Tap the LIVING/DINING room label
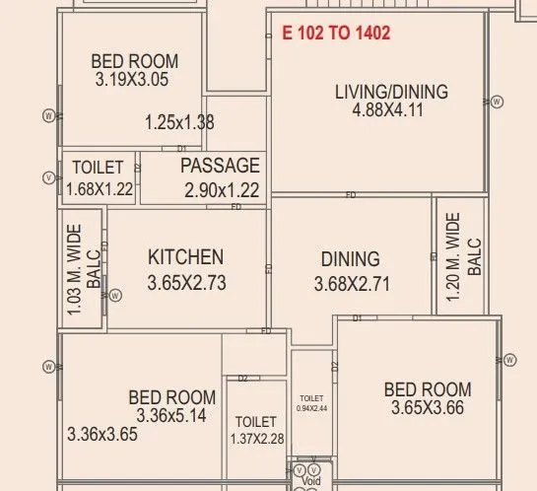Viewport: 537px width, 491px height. (x=391, y=92)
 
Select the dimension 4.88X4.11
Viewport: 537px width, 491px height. (x=387, y=110)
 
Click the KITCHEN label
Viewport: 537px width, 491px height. (x=185, y=257)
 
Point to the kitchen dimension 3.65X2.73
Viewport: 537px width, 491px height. (x=187, y=282)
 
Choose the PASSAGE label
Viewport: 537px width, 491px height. (x=220, y=166)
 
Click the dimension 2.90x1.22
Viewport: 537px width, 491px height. (x=222, y=190)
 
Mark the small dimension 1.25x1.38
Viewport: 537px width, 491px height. (x=178, y=123)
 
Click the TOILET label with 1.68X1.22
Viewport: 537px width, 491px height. (x=100, y=169)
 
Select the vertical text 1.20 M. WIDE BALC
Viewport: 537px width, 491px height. (x=462, y=257)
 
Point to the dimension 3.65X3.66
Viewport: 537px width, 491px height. (x=428, y=408)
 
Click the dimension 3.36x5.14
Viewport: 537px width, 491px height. (x=171, y=415)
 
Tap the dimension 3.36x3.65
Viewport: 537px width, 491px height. (x=102, y=433)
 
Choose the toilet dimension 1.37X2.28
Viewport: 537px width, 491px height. (x=256, y=439)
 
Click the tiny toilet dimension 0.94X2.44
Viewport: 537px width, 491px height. (x=311, y=407)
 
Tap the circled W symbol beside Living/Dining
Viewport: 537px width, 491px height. (x=498, y=101)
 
